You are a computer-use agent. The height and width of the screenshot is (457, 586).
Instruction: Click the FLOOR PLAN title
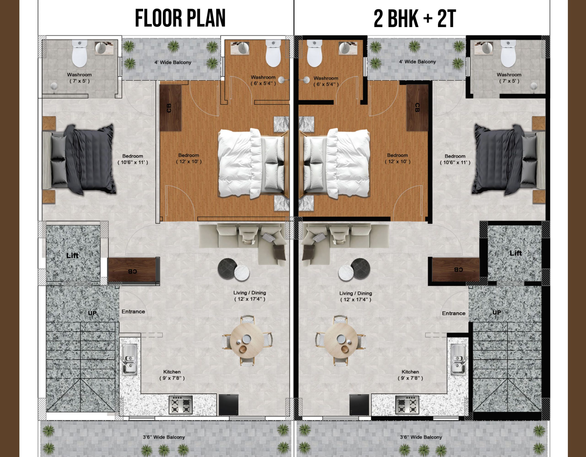[x=180, y=18]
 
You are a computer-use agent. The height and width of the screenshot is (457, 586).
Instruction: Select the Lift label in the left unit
[x=72, y=255]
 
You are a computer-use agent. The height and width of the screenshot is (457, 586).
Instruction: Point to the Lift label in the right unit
[x=516, y=253]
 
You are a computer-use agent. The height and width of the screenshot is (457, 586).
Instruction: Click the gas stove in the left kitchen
[x=181, y=405]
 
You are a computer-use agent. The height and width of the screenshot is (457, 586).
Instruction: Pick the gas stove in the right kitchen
[x=407, y=405]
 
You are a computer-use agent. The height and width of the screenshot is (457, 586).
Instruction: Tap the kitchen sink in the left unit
[x=130, y=360]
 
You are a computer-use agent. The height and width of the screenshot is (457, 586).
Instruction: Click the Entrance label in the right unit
[x=454, y=313]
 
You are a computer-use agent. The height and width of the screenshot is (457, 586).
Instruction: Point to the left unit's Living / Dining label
[x=250, y=293]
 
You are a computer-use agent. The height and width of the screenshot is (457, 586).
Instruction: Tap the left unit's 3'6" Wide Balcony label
[x=164, y=437]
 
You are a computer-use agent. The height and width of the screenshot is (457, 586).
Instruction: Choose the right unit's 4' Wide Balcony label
[x=417, y=61]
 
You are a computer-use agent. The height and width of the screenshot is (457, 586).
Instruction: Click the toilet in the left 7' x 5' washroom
[x=80, y=53]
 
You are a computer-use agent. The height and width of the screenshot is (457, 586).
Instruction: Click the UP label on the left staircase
[x=92, y=313]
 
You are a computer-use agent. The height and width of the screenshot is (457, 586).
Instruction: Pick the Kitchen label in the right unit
[x=410, y=372]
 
